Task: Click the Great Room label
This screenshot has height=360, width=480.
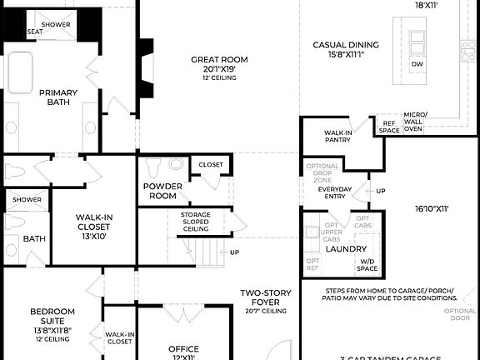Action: [219, 59]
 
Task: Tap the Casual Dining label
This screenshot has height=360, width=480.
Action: [346, 45]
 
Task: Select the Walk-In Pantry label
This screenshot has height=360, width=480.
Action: [337, 137]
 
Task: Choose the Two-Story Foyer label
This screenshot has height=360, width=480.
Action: [265, 297]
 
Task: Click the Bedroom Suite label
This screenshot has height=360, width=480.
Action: [52, 317]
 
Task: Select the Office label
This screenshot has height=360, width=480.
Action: [182, 349]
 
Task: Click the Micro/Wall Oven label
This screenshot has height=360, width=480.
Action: [415, 122]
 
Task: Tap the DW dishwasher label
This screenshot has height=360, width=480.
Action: [417, 64]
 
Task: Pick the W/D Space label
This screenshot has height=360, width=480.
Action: [367, 265]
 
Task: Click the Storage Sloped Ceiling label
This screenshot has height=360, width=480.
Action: [196, 222]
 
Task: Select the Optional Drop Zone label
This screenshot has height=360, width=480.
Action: [322, 172]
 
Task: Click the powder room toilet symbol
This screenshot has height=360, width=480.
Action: [175, 164]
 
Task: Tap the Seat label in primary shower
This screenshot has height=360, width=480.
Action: [35, 32]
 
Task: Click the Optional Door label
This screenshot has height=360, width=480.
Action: [464, 314]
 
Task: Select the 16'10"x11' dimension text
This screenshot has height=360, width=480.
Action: [431, 208]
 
